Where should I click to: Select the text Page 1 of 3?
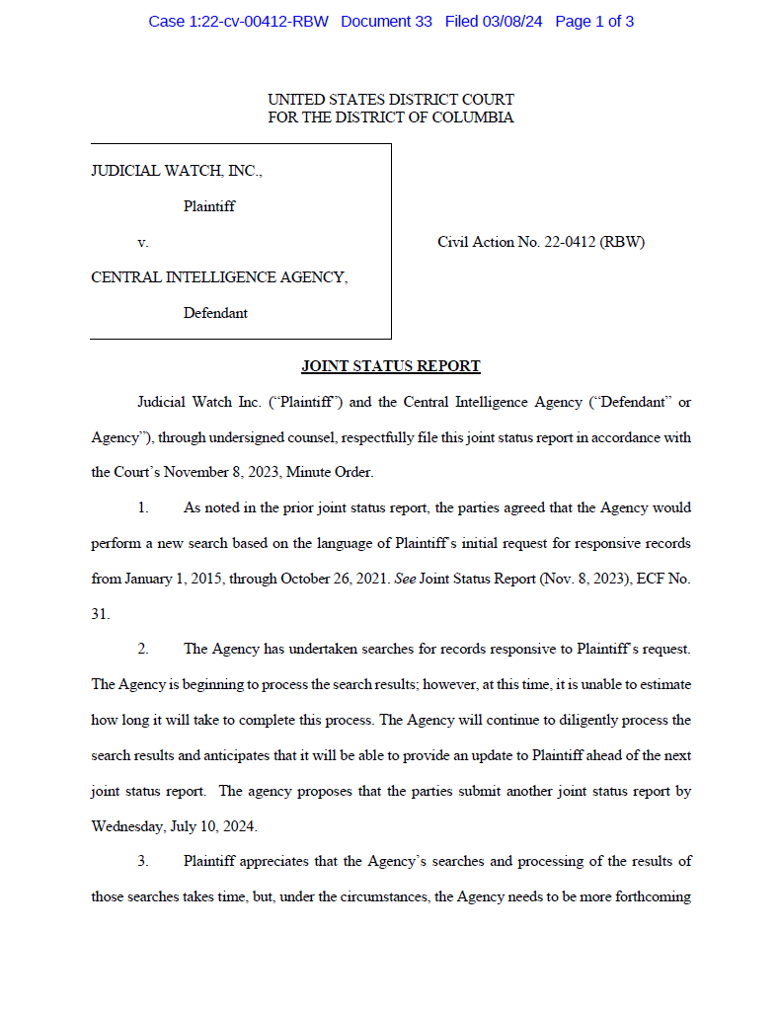click(x=594, y=21)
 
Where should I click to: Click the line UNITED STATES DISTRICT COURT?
click(x=390, y=100)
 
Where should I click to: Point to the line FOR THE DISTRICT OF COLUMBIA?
click(x=390, y=117)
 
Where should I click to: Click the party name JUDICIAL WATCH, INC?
click(x=177, y=171)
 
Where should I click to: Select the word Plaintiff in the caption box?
click(x=209, y=206)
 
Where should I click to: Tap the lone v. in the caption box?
click(x=143, y=242)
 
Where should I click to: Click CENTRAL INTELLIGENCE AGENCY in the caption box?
click(x=219, y=277)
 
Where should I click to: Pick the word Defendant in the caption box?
click(x=215, y=313)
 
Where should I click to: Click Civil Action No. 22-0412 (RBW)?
click(x=541, y=242)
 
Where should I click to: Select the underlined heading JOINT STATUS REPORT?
click(x=390, y=366)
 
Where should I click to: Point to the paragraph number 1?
click(x=143, y=507)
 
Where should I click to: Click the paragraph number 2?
click(x=143, y=649)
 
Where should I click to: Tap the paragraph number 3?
click(x=143, y=861)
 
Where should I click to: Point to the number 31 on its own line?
click(x=100, y=613)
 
